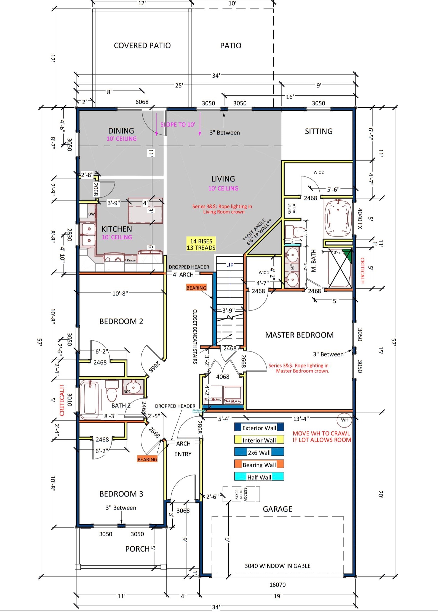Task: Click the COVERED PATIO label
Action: (142, 46)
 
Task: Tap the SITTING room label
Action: (319, 131)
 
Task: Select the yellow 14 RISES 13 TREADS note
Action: (201, 244)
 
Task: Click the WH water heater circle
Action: (344, 420)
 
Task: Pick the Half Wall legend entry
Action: (259, 477)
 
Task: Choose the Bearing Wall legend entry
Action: (259, 465)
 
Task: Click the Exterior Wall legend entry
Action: (259, 428)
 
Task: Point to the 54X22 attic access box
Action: (241, 494)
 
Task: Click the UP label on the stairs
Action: (230, 265)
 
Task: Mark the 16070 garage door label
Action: (277, 585)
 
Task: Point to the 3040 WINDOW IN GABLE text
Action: (277, 566)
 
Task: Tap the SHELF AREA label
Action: (292, 209)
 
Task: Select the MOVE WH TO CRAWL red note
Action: (322, 437)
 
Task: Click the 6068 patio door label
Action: (142, 102)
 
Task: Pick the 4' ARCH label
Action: (183, 275)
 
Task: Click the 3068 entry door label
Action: (183, 511)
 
